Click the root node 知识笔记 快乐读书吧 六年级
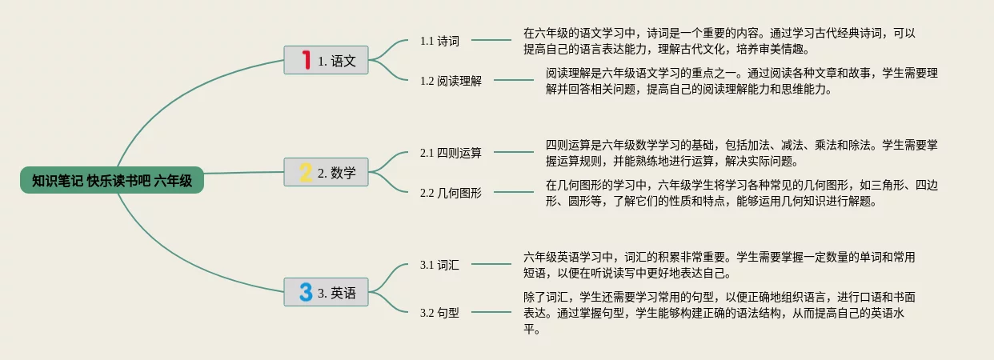click(x=112, y=181)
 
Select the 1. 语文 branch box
click(x=327, y=60)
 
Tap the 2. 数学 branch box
click(x=327, y=172)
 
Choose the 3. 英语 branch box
click(x=327, y=292)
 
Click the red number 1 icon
click(x=305, y=60)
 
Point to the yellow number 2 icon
click(x=305, y=172)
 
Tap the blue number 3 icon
click(x=305, y=292)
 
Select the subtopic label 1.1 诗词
click(x=439, y=41)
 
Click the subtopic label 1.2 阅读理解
click(x=451, y=81)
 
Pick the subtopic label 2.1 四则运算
click(x=451, y=153)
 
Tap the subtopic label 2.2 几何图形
click(x=451, y=193)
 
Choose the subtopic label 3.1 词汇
click(x=439, y=265)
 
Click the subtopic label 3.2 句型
click(x=439, y=313)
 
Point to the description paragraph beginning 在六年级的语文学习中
click(x=719, y=41)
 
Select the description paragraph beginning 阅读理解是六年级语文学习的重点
click(x=741, y=81)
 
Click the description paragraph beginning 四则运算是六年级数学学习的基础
click(x=741, y=153)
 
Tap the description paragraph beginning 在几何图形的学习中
click(x=741, y=193)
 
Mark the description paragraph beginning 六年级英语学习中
click(x=719, y=265)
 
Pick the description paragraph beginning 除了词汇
click(x=719, y=313)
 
